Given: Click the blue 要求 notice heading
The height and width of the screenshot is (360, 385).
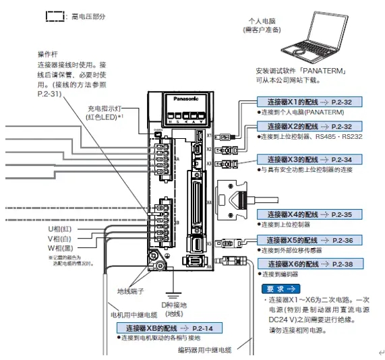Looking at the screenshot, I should (276, 287).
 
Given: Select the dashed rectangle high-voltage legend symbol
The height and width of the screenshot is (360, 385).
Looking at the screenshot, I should (53, 15).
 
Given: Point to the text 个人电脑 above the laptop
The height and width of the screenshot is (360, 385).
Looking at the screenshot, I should (264, 22).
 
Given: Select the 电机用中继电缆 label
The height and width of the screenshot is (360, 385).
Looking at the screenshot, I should (133, 313).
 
